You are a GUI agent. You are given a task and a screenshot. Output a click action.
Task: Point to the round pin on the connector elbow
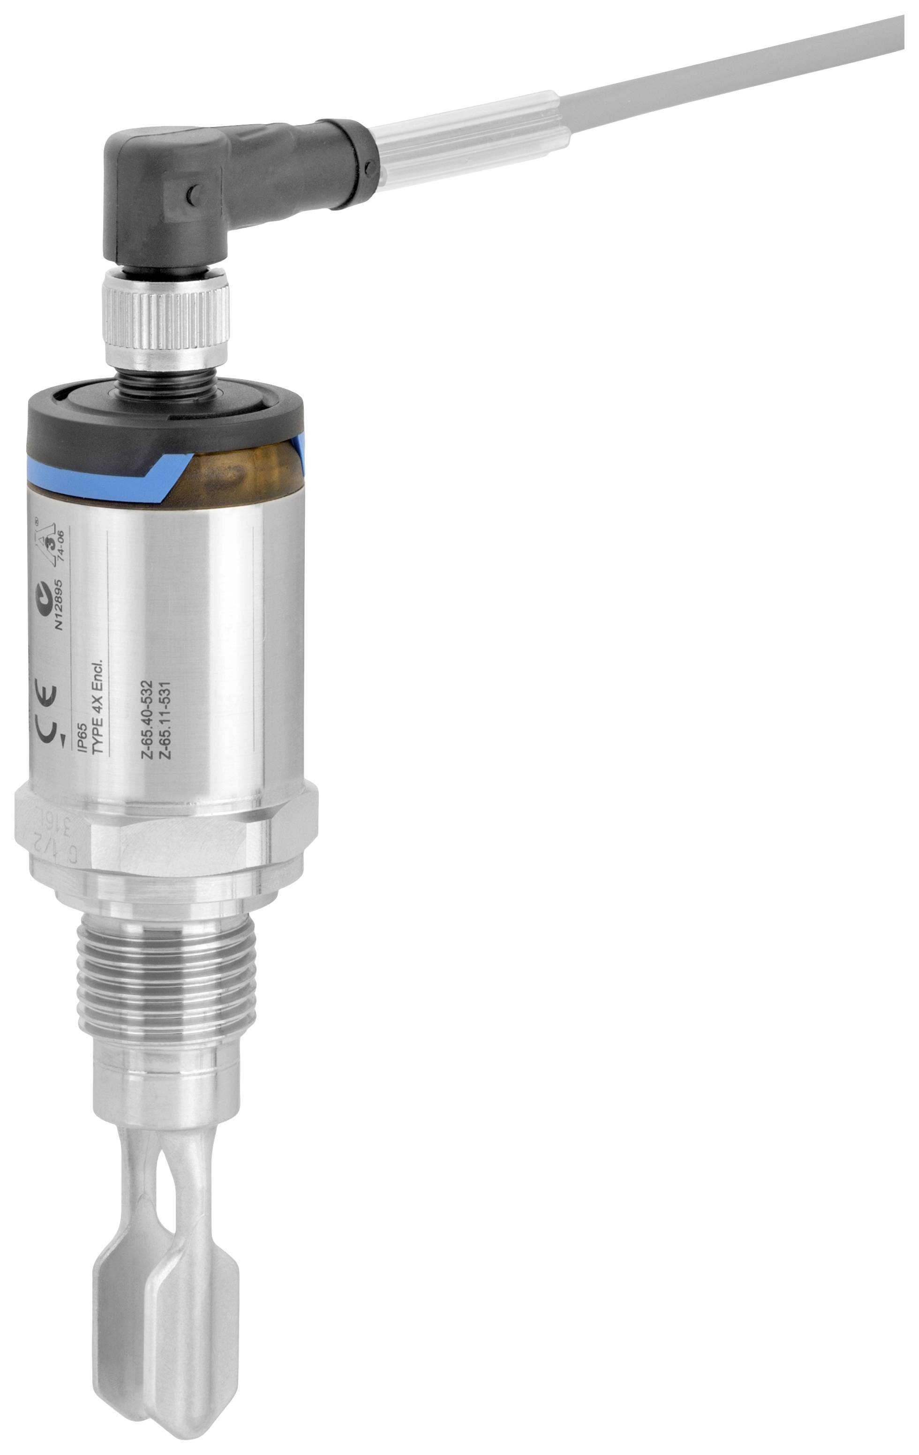[192, 194]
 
